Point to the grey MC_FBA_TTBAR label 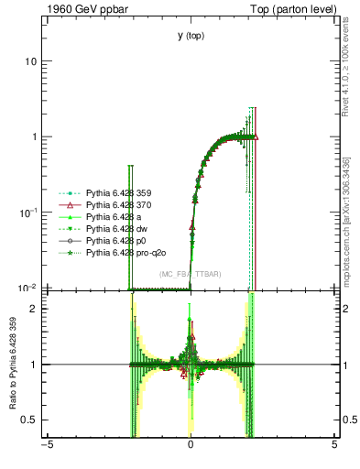191,274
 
